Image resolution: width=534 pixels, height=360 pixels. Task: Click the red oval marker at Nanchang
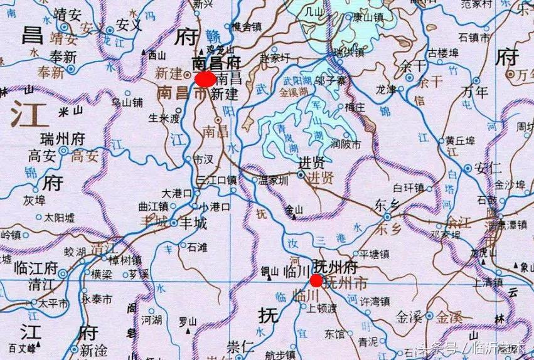pyautogui.click(x=204, y=79)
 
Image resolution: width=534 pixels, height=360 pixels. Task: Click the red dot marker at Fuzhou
pyautogui.click(x=316, y=280)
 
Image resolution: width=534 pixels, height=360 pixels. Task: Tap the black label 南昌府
pyautogui.click(x=216, y=63)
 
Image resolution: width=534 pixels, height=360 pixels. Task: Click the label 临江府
pyautogui.click(x=36, y=267)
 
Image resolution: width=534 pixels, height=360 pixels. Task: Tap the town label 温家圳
pyautogui.click(x=274, y=181)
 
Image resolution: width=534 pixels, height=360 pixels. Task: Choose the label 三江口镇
pyautogui.click(x=217, y=180)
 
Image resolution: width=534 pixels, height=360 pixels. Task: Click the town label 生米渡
pyautogui.click(x=163, y=117)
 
